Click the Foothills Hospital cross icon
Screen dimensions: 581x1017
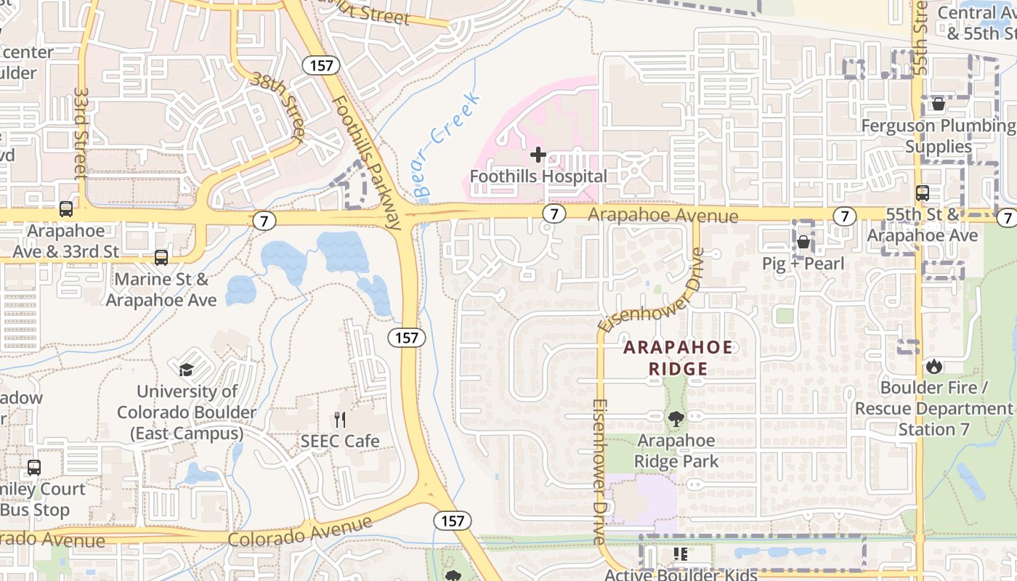click(538, 155)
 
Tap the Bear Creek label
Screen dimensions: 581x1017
click(445, 145)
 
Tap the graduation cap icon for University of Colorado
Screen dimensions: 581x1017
click(187, 370)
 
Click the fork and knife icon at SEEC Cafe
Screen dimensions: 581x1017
click(340, 420)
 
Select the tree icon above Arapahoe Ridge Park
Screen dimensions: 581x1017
click(676, 419)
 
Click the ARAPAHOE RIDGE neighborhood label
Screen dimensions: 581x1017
click(678, 358)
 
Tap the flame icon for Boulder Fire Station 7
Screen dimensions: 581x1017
click(933, 366)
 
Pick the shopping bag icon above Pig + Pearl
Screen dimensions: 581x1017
click(803, 242)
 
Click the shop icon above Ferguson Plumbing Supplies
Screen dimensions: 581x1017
click(938, 104)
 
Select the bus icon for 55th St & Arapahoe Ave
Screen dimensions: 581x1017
click(923, 193)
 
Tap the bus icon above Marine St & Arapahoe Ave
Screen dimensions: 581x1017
click(161, 258)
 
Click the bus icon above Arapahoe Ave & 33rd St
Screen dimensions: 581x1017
click(66, 209)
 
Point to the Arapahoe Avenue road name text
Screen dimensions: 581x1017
click(663, 216)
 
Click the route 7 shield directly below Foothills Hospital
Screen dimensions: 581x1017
click(554, 214)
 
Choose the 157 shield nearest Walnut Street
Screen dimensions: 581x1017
click(320, 65)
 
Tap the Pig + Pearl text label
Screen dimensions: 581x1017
click(803, 263)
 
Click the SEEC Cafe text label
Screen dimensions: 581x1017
click(340, 441)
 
